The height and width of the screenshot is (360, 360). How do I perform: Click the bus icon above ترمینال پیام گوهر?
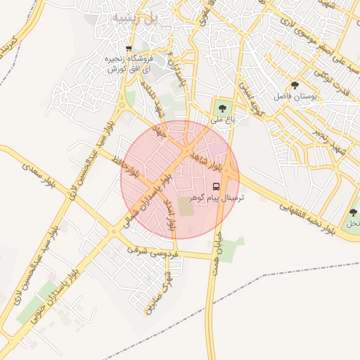coord(216,188)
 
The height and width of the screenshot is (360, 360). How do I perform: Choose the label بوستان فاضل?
coord(295,96)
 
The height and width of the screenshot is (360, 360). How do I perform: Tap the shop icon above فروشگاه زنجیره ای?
coord(127,48)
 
